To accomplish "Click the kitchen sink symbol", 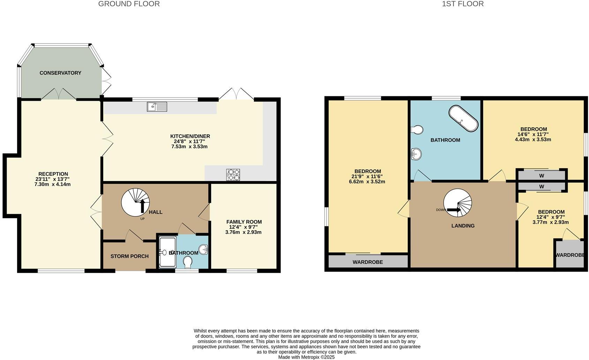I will (157, 106).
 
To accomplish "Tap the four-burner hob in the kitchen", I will (233, 174).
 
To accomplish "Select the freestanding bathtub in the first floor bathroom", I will (463, 119).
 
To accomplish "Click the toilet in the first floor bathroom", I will (417, 130).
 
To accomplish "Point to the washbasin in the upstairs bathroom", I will (416, 153).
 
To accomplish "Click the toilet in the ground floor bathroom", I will (188, 262).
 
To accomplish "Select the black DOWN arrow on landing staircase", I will (454, 210).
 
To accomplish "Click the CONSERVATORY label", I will (60, 73).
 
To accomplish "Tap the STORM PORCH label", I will (129, 256).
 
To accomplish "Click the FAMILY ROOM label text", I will (244, 222).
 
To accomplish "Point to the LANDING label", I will (463, 226).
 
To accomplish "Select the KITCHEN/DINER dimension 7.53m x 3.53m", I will (189, 147).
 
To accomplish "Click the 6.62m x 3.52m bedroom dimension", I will (368, 182).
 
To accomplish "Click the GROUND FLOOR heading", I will (129, 4).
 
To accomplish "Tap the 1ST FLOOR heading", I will (462, 4).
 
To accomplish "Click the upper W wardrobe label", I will (542, 175).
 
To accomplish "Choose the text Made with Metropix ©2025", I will (306, 357).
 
